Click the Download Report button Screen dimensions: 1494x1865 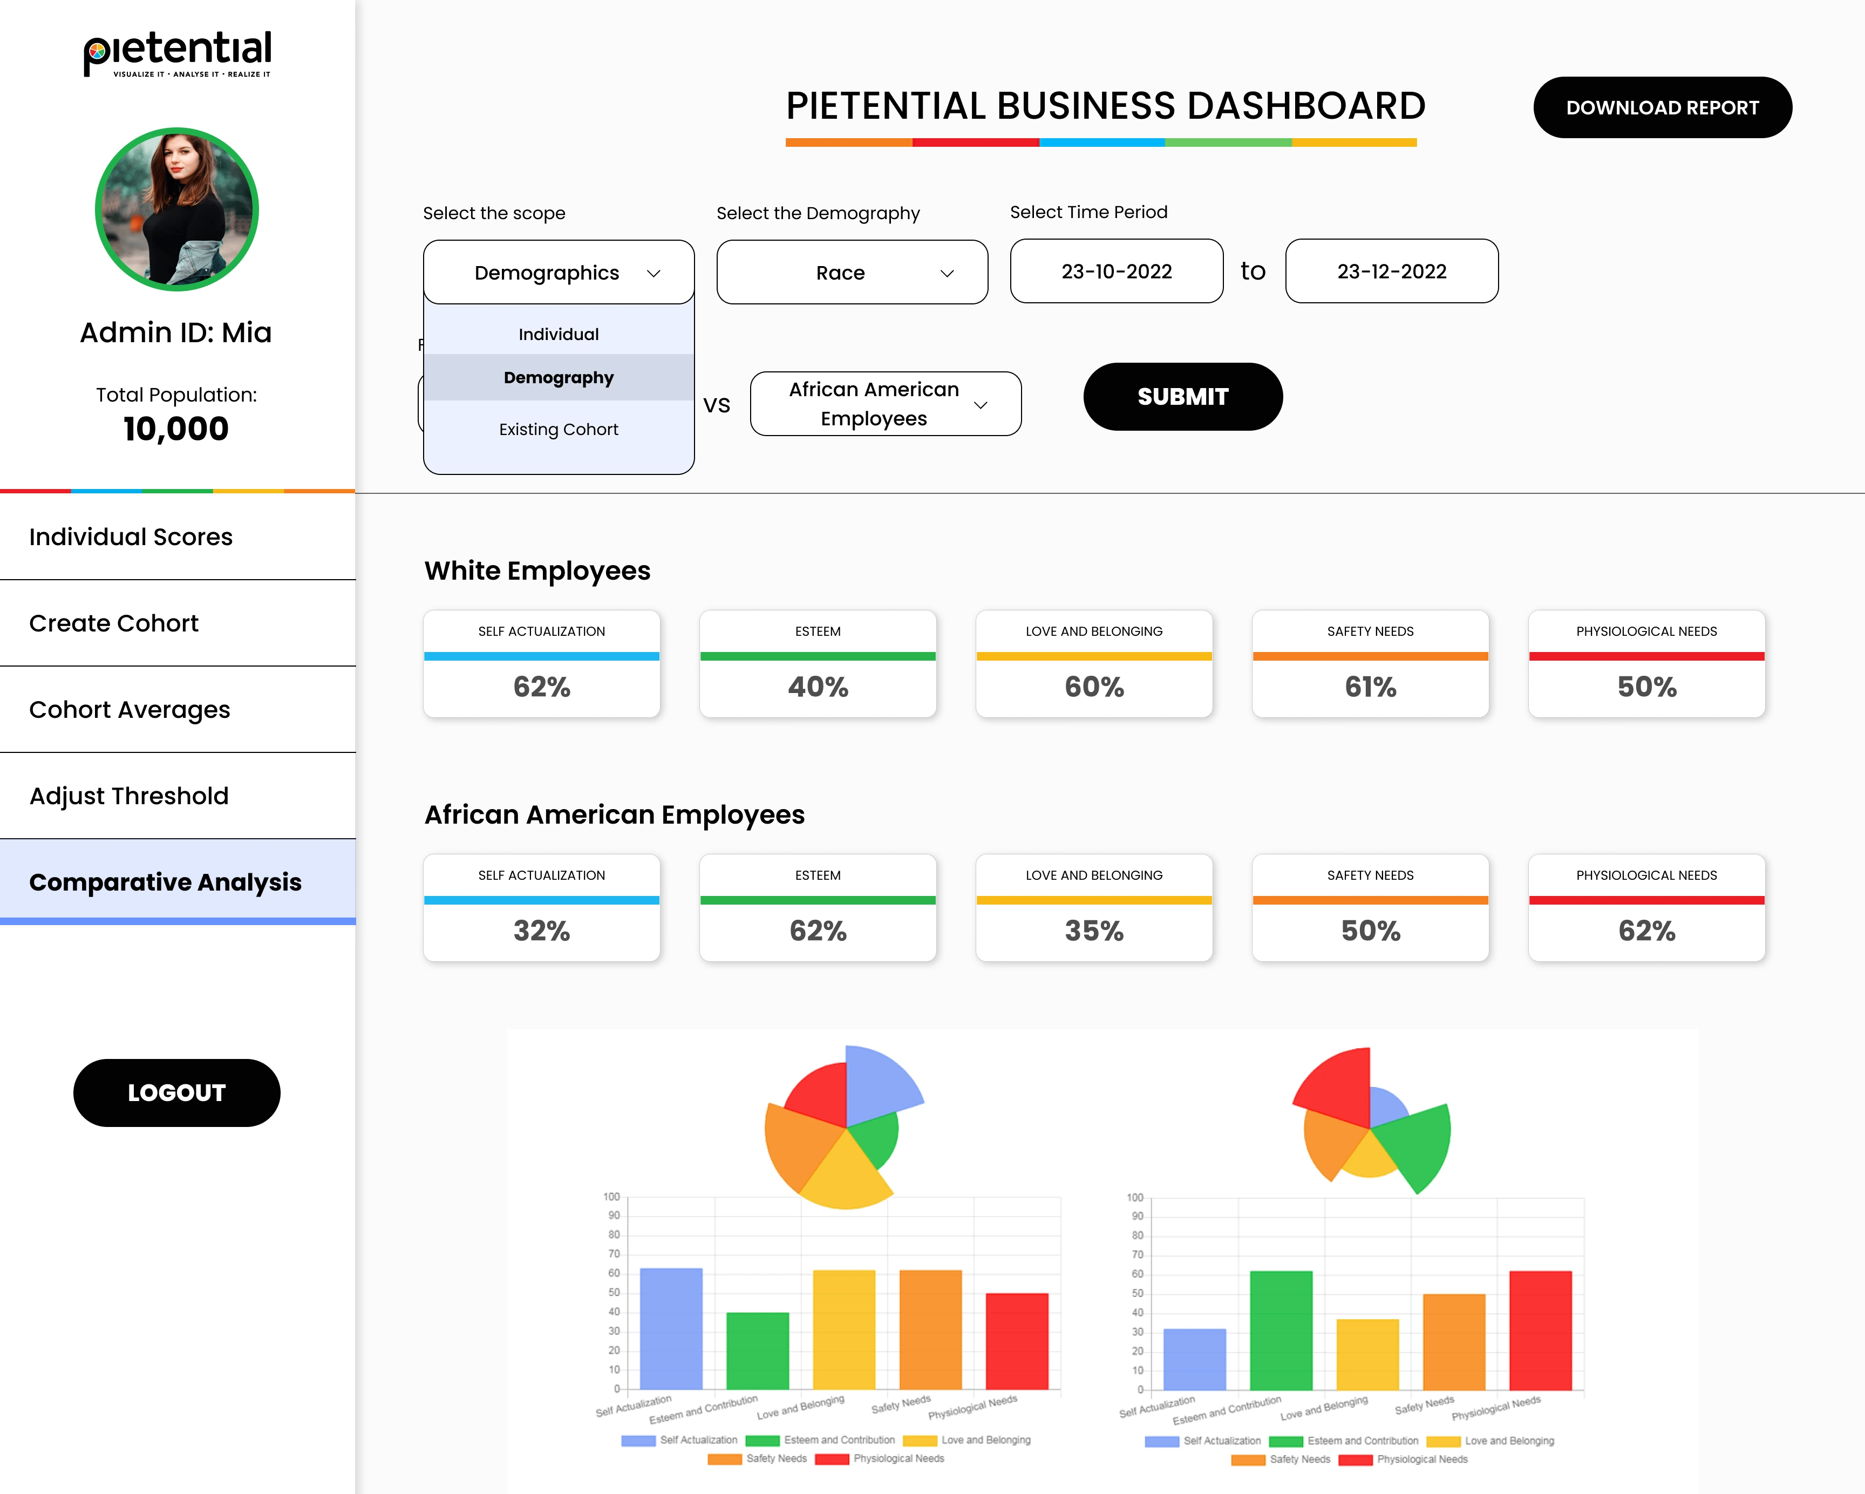pyautogui.click(x=1662, y=107)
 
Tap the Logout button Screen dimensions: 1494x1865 pyautogui.click(x=176, y=1092)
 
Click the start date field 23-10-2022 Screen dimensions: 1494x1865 pyautogui.click(x=1116, y=271)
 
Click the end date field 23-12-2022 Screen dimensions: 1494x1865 pyautogui.click(x=1391, y=271)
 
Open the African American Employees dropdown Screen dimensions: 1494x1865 pyautogui.click(x=885, y=404)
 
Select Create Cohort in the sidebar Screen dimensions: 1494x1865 pyautogui.click(x=114, y=623)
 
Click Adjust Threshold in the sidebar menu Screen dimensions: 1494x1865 pyautogui.click(x=129, y=796)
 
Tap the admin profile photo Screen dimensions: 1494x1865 pyautogui.click(x=176, y=209)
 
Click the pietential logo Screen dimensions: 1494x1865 pyautogui.click(x=178, y=53)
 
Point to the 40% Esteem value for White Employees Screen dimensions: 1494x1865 pyautogui.click(x=818, y=687)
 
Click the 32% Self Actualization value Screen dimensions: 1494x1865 pyautogui.click(x=541, y=931)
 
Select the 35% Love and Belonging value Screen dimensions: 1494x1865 pyautogui.click(x=1093, y=931)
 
